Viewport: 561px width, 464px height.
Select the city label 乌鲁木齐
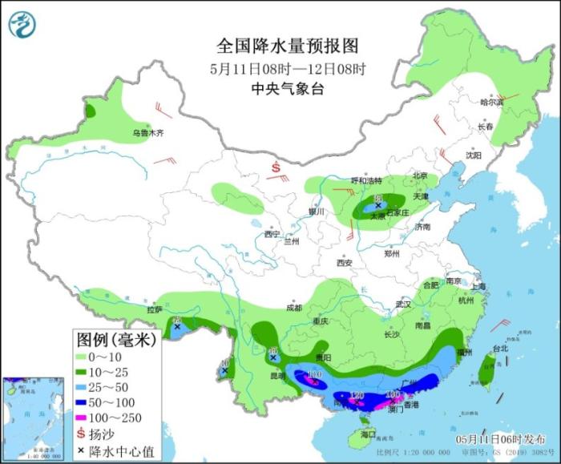(148, 133)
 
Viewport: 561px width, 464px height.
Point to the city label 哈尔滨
(491, 102)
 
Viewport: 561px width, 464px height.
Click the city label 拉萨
(155, 309)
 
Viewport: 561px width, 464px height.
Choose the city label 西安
(344, 262)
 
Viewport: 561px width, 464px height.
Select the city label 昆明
(276, 375)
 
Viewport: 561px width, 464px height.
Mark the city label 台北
(500, 349)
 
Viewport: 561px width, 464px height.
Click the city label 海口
(368, 434)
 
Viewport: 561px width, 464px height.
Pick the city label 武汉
(402, 305)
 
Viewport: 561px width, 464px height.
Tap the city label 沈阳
(475, 155)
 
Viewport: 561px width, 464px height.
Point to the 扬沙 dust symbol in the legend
(82, 436)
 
